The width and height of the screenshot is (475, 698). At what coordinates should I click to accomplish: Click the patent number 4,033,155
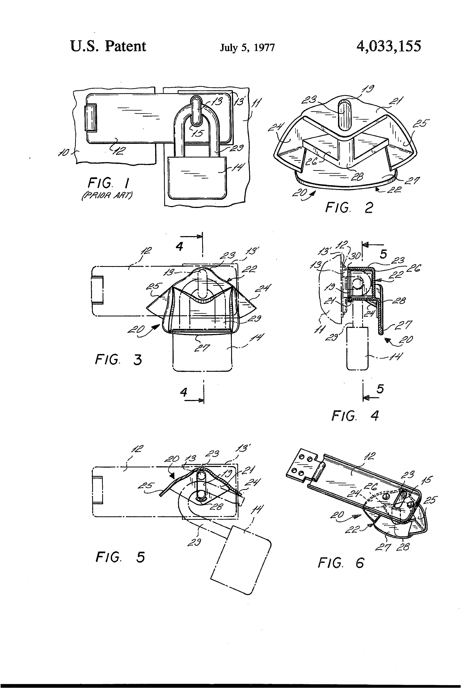[389, 47]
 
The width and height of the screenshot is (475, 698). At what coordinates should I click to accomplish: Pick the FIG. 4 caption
[355, 416]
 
